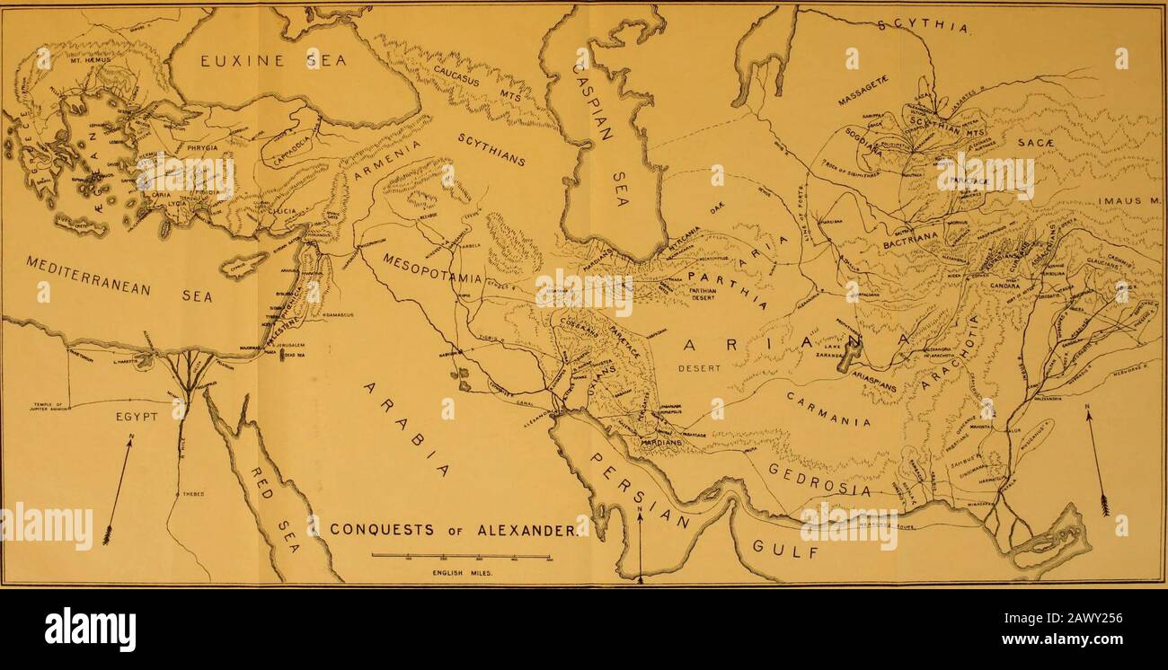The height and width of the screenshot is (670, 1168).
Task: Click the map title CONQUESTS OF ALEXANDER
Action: click(454, 528)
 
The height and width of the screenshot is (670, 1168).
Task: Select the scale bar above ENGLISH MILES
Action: click(459, 557)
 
